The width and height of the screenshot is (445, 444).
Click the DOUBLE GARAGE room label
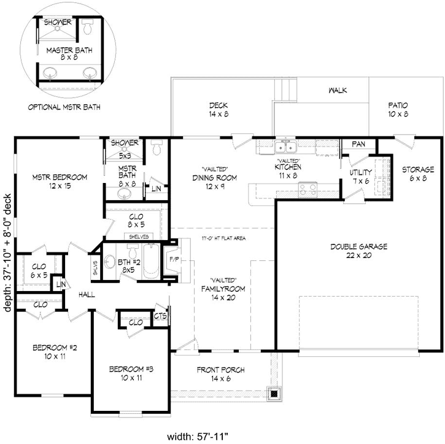pyautogui.click(x=358, y=251)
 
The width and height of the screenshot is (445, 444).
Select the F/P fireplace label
pyautogui.click(x=174, y=260)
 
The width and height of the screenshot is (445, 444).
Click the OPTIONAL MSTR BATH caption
pyautogui.click(x=64, y=107)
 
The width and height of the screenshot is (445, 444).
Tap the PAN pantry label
pyautogui.click(x=359, y=144)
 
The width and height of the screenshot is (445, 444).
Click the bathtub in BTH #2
pyautogui.click(x=150, y=263)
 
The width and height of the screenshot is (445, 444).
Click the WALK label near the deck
pyautogui.click(x=338, y=90)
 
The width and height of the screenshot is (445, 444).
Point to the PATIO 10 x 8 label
pyautogui.click(x=398, y=109)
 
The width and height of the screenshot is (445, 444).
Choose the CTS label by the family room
pyautogui.click(x=160, y=316)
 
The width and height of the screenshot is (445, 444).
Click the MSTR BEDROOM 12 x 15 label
pyautogui.click(x=60, y=181)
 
